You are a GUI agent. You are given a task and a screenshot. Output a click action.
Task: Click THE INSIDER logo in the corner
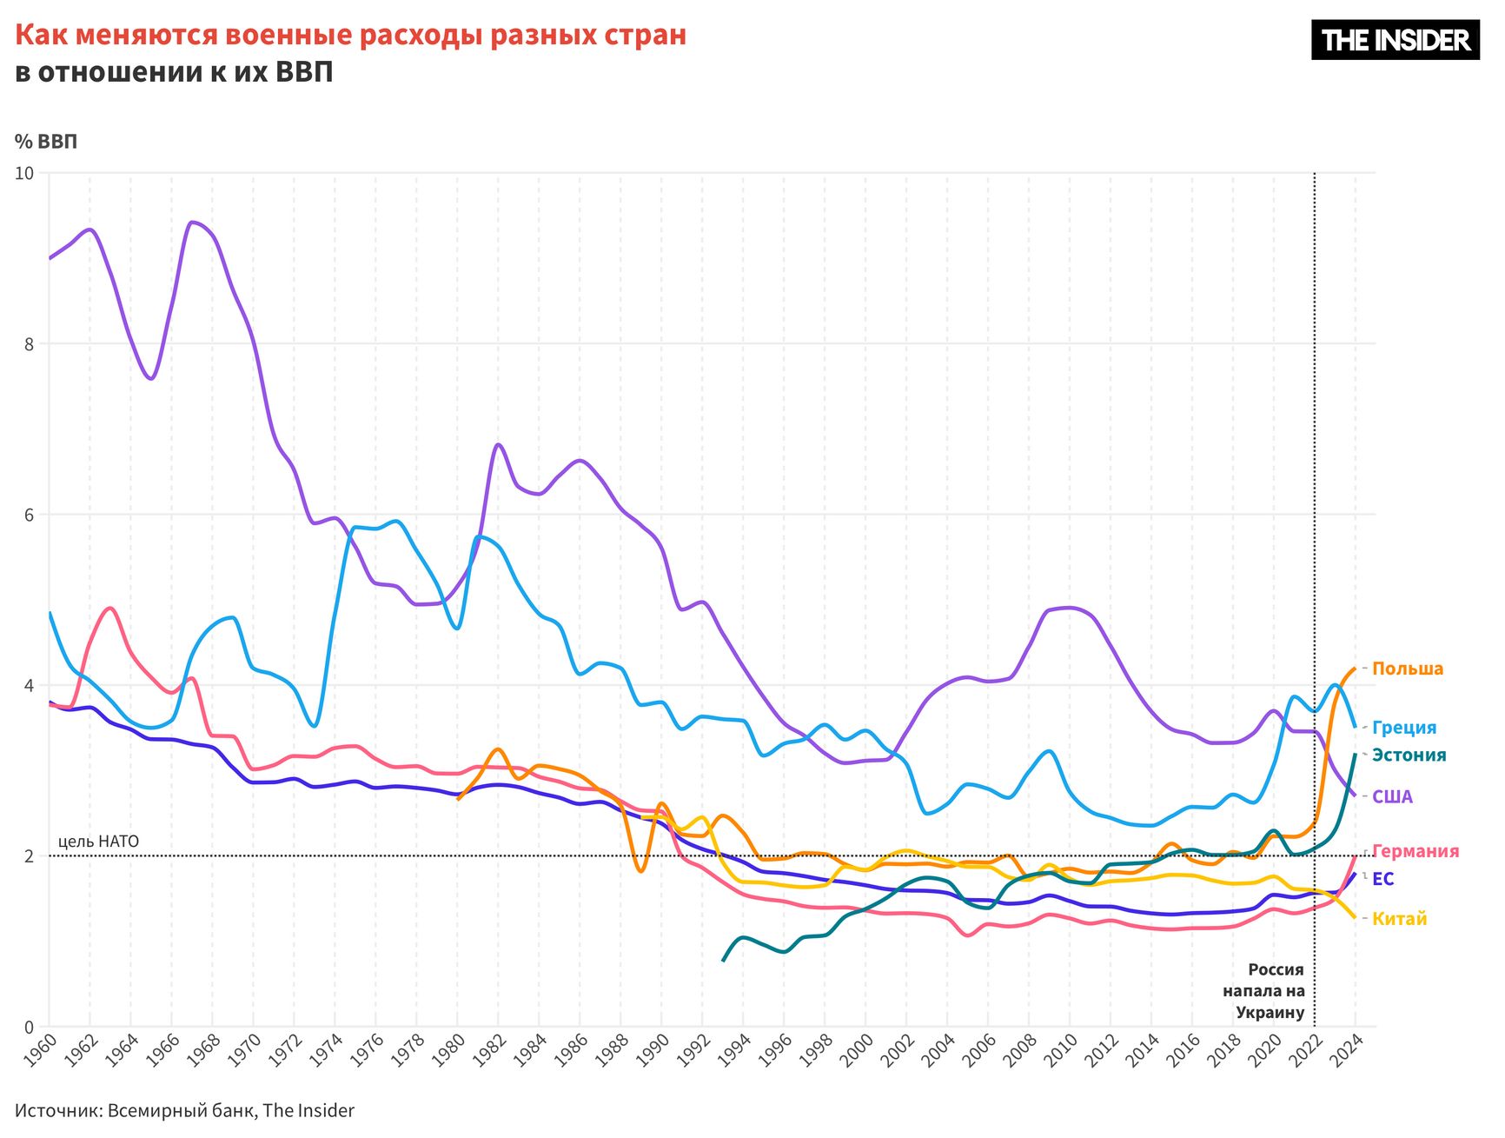(x=1395, y=40)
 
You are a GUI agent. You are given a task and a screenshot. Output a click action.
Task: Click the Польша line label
(x=1407, y=669)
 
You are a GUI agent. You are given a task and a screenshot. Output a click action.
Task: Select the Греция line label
(x=1403, y=728)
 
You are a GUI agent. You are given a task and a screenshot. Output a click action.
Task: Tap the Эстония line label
(x=1409, y=755)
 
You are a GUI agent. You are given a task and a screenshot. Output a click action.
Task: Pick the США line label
(x=1392, y=797)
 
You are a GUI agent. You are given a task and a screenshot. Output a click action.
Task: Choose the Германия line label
(x=1415, y=851)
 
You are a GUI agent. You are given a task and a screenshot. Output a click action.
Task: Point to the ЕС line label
(x=1382, y=879)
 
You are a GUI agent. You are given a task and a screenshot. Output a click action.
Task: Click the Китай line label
(x=1399, y=919)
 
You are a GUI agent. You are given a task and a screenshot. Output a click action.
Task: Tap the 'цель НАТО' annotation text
(x=98, y=842)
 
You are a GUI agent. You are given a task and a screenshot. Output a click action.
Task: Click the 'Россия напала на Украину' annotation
(x=1263, y=991)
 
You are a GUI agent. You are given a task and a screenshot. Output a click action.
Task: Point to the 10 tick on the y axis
(x=24, y=173)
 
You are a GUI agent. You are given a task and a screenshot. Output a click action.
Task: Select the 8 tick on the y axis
(x=29, y=344)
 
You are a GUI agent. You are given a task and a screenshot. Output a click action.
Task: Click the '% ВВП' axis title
(x=46, y=142)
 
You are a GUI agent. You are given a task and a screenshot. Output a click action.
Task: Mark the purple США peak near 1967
(x=193, y=222)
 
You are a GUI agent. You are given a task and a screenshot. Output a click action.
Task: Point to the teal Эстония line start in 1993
(x=724, y=960)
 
